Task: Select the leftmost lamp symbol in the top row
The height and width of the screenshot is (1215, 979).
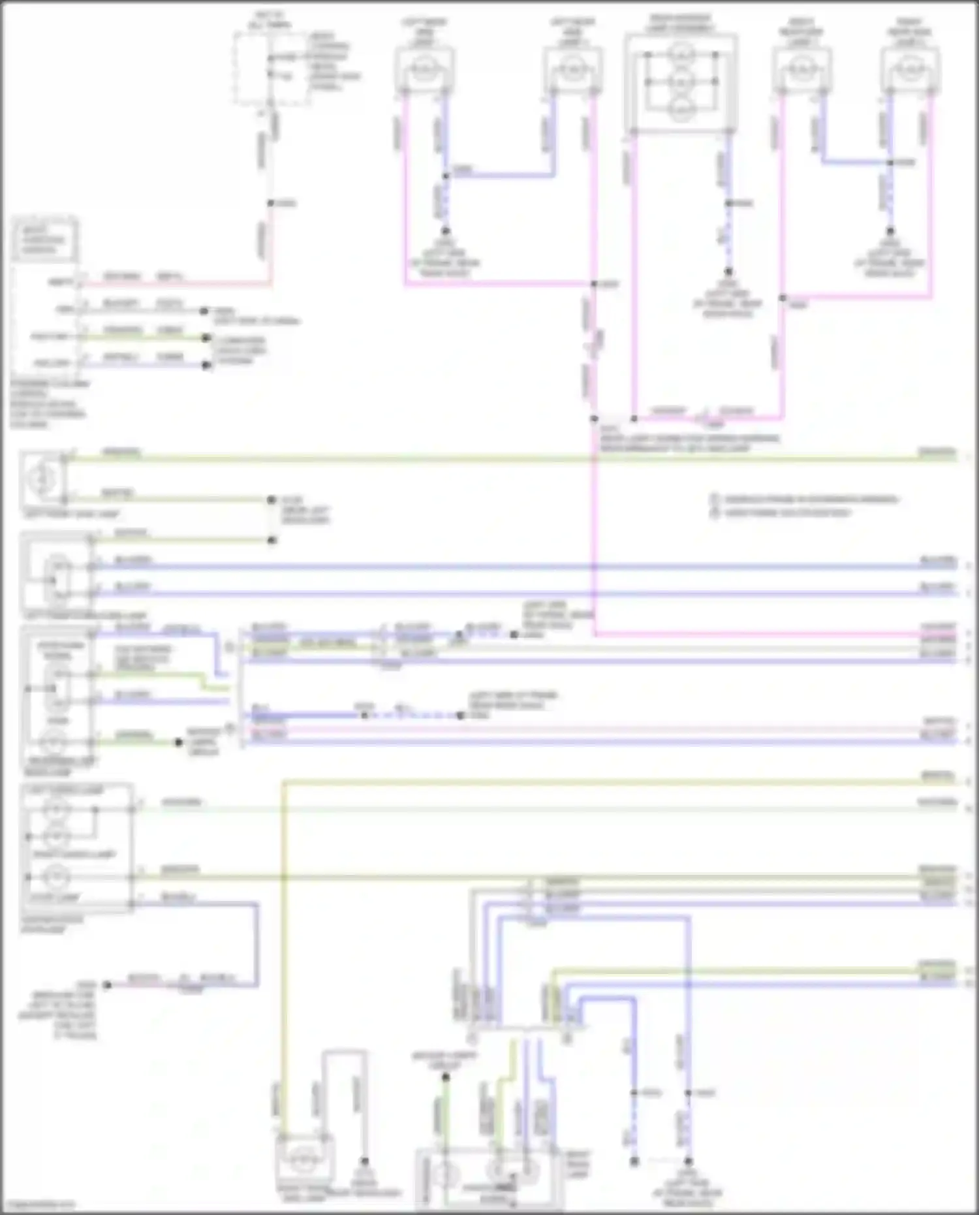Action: (424, 67)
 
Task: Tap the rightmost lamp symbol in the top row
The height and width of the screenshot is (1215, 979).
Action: (910, 67)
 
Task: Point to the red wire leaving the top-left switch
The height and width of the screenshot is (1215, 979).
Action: (176, 283)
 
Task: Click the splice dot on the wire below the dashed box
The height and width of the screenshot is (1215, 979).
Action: (271, 203)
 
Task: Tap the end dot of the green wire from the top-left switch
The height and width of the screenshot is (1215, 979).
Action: (206, 338)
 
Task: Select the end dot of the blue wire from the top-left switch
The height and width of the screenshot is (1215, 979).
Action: (206, 365)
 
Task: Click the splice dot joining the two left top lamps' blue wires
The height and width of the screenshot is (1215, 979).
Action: (446, 176)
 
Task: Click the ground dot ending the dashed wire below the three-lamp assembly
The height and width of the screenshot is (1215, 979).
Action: (728, 272)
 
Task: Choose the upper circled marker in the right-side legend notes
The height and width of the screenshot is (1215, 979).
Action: (715, 499)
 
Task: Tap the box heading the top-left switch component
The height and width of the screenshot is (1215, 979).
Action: (44, 240)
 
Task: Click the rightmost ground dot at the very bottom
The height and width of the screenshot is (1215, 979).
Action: (688, 1161)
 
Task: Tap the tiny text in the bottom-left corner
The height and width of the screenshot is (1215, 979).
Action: (38, 1206)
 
